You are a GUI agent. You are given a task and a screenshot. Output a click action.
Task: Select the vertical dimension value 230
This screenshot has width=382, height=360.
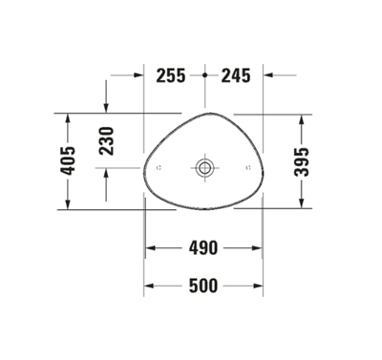[106, 141]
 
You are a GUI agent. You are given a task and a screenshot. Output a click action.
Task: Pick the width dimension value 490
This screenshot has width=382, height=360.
[202, 248]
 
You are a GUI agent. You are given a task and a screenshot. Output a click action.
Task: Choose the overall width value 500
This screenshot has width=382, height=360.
[202, 286]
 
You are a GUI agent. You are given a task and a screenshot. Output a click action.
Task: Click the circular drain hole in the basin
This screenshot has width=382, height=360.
[204, 168]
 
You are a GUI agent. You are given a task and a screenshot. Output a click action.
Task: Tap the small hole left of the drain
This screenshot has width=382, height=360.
[159, 168]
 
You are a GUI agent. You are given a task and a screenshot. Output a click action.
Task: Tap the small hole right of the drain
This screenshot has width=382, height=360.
[249, 168]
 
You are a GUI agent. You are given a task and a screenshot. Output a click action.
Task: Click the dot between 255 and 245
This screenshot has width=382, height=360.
[205, 74]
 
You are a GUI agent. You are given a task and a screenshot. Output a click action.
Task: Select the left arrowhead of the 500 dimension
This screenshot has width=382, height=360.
[148, 286]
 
